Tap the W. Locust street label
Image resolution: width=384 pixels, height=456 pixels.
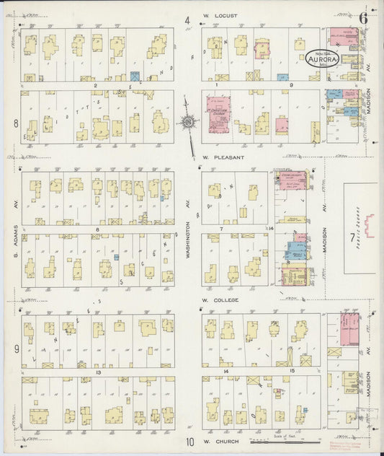(x=220, y=15)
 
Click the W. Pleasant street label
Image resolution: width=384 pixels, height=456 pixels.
(x=223, y=157)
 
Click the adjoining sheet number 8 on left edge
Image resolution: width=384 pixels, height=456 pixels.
(x=15, y=123)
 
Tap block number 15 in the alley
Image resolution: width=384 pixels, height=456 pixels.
(x=291, y=371)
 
